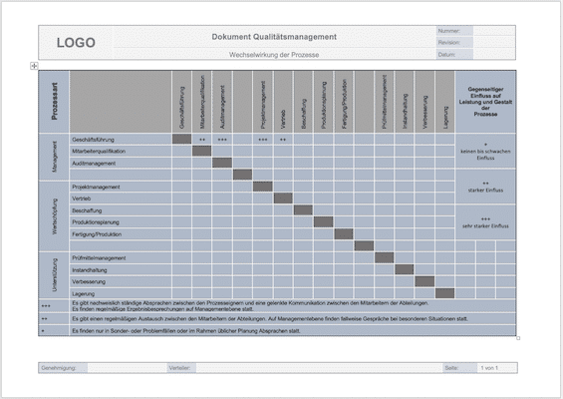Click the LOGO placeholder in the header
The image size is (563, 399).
pos(76,43)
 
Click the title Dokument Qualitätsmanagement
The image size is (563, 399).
pos(274,37)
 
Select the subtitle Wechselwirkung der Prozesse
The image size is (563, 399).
pos(274,54)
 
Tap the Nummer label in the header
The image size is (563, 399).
pos(448,31)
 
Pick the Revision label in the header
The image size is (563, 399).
pos(448,43)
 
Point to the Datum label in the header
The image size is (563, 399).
pos(447,55)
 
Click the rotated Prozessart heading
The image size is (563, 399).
pos(54,100)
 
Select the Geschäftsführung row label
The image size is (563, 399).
pos(93,139)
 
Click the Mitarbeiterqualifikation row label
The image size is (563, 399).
pos(99,151)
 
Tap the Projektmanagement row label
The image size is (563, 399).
pos(97,187)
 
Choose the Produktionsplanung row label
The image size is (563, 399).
pos(97,222)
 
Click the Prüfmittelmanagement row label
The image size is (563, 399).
pos(99,258)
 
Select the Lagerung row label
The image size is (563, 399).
pos(84,294)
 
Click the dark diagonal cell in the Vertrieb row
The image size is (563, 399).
pos(283,199)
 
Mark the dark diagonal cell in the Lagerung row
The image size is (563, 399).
pos(445,294)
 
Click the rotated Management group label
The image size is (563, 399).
pos(54,157)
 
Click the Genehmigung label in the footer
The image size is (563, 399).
pos(59,368)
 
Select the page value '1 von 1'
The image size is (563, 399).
pos(489,368)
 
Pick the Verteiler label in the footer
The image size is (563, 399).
pos(180,368)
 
